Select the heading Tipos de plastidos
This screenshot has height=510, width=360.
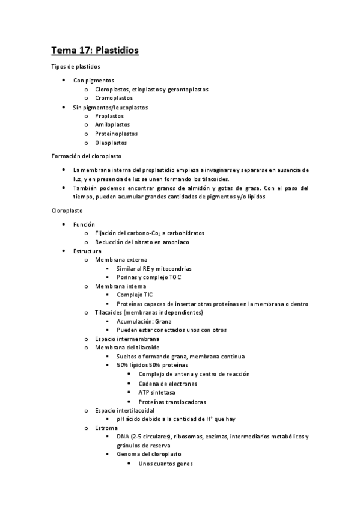click(75, 66)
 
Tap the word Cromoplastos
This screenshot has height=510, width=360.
click(114, 98)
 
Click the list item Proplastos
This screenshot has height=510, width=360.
click(109, 116)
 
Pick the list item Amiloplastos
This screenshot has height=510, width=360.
click(112, 125)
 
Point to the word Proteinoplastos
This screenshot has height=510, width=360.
click(116, 134)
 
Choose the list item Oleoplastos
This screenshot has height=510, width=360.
click(111, 143)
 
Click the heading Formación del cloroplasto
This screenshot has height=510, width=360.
click(86, 156)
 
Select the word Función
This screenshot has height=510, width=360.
click(84, 224)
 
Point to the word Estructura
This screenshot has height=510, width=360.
click(87, 251)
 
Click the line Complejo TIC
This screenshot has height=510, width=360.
click(134, 295)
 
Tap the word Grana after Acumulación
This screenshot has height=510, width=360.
click(162, 322)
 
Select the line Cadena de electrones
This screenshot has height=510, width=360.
click(165, 384)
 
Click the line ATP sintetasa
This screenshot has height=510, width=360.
click(156, 393)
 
